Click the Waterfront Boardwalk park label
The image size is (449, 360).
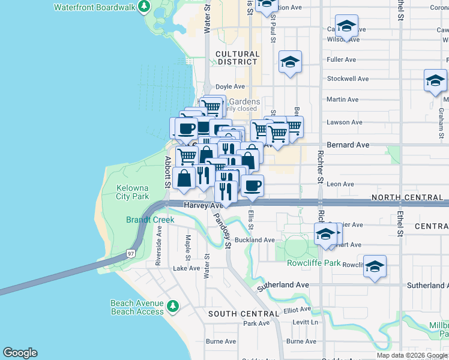click(x=93, y=8)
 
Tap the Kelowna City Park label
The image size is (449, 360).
click(x=132, y=192)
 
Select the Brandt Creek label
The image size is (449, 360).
click(x=150, y=220)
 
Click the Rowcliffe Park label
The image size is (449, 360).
click(x=314, y=263)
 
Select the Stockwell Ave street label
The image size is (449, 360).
click(x=348, y=79)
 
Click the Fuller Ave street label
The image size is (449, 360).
click(x=342, y=60)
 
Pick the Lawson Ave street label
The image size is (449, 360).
click(x=345, y=122)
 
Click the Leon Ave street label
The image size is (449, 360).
click(x=340, y=184)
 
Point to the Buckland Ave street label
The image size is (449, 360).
click(x=255, y=240)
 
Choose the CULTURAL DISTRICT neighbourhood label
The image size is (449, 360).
click(x=238, y=58)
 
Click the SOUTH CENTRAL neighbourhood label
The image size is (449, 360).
click(x=244, y=314)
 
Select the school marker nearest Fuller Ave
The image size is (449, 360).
click(x=290, y=62)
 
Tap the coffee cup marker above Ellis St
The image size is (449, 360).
click(x=252, y=186)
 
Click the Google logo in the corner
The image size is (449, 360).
click(x=20, y=353)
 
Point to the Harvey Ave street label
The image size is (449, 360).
click(x=203, y=205)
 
